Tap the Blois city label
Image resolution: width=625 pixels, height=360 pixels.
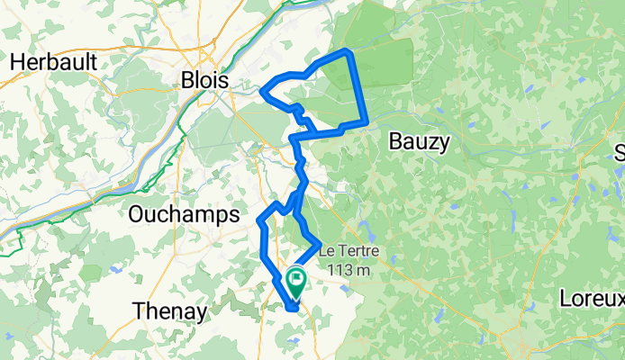(x=205, y=80)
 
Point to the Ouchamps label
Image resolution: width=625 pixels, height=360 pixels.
(x=184, y=214)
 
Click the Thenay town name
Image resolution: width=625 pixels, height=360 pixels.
(x=170, y=311)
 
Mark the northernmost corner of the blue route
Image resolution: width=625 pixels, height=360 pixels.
(x=347, y=51)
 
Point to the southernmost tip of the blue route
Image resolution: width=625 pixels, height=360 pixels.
(x=294, y=310)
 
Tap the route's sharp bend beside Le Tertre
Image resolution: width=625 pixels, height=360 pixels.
(x=320, y=241)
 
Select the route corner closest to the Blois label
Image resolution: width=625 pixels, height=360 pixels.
(x=262, y=90)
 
